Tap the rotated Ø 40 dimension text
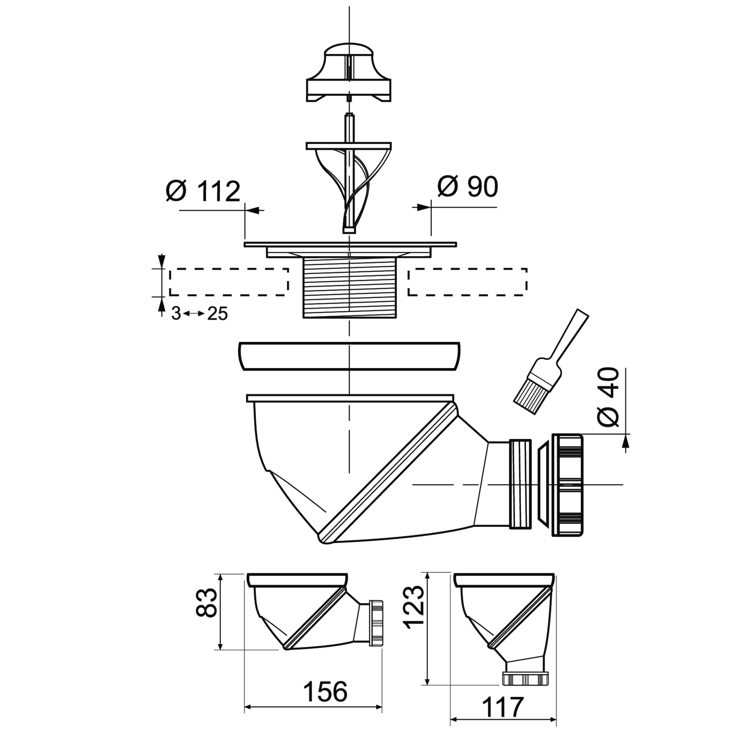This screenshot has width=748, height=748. [608, 397]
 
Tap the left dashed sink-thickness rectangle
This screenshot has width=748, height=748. [229, 282]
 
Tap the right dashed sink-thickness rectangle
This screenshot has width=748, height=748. [467, 282]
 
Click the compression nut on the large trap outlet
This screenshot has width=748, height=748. [567, 485]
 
